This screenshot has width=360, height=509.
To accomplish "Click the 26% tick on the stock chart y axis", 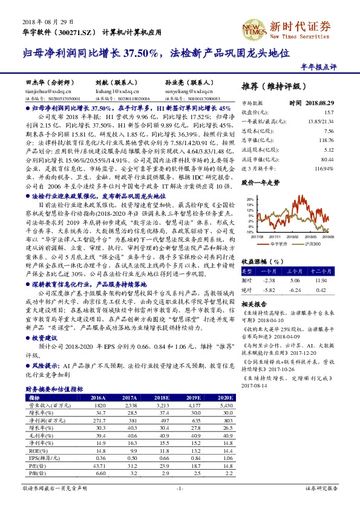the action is click(x=248, y=198).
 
